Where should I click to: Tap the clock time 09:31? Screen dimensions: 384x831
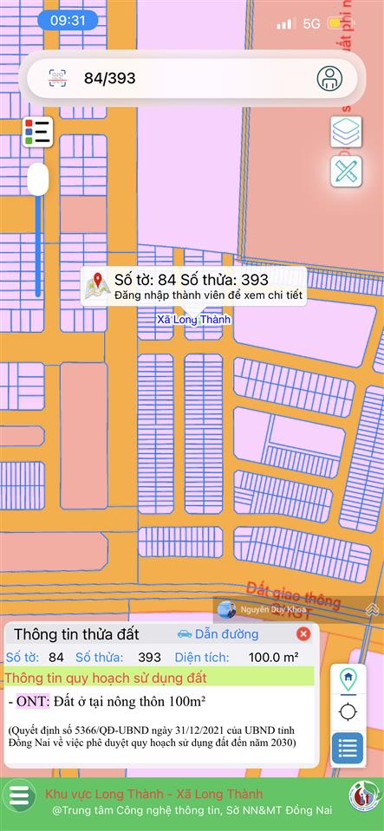point(68,20)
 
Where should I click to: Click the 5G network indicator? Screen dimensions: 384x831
point(313,23)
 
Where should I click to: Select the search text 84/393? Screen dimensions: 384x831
point(109,78)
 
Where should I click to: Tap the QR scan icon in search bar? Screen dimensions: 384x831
point(57,78)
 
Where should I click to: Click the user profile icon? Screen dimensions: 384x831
point(329,78)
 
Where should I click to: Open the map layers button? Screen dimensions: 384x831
point(346,132)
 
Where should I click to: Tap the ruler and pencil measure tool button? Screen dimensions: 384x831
point(346,171)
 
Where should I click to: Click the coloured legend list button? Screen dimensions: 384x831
point(38,132)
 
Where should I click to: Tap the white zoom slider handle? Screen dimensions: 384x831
point(38,180)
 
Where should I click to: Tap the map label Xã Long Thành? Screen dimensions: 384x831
point(193,320)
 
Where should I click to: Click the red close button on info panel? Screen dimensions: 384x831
point(303,634)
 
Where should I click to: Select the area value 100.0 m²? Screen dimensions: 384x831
point(273,658)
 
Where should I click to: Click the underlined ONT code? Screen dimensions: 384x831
point(33,701)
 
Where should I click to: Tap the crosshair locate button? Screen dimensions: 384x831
point(348,712)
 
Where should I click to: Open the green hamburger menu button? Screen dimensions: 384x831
point(18,796)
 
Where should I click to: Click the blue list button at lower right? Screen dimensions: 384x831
point(348,748)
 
